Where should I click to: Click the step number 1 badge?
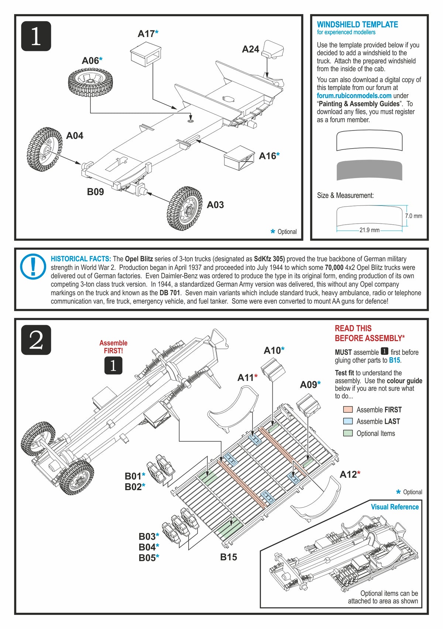click(36, 36)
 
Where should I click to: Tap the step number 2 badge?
click(36, 340)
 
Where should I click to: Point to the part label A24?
click(250, 49)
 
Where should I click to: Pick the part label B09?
click(95, 192)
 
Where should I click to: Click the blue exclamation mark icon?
click(33, 266)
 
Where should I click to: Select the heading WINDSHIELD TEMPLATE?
click(357, 25)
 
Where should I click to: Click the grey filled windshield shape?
click(369, 171)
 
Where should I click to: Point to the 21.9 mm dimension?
click(369, 230)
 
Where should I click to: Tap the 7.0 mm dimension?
click(413, 216)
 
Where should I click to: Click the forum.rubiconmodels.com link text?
click(354, 96)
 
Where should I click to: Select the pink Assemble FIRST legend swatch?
click(348, 409)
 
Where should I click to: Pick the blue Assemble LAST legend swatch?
click(348, 421)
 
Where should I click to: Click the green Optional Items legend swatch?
click(348, 433)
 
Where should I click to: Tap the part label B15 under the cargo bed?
click(229, 557)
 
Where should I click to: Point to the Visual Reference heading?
click(395, 507)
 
